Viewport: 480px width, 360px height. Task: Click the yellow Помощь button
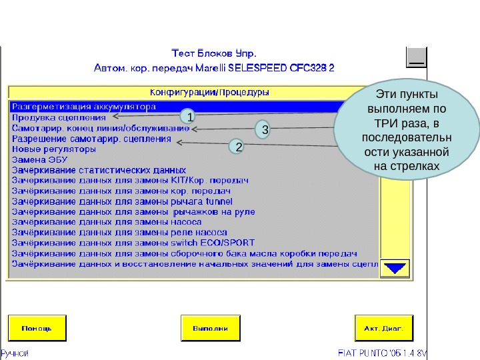pos(38,328)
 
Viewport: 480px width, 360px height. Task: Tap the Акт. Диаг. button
pos(379,328)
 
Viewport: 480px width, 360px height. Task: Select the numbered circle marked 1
pos(190,117)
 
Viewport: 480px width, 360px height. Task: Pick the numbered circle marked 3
pos(265,129)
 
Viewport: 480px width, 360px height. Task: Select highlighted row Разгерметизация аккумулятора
pos(84,106)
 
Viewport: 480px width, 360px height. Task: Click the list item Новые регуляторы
pos(54,149)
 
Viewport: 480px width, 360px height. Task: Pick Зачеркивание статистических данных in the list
pos(99,170)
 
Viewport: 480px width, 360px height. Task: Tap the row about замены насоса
pos(107,222)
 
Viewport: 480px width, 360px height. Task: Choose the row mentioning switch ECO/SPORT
pos(133,243)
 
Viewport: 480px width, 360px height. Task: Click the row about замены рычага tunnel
pos(122,201)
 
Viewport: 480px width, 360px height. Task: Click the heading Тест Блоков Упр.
pos(213,53)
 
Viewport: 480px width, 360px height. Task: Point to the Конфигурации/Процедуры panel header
pos(209,91)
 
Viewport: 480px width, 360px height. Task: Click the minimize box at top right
pos(417,58)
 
